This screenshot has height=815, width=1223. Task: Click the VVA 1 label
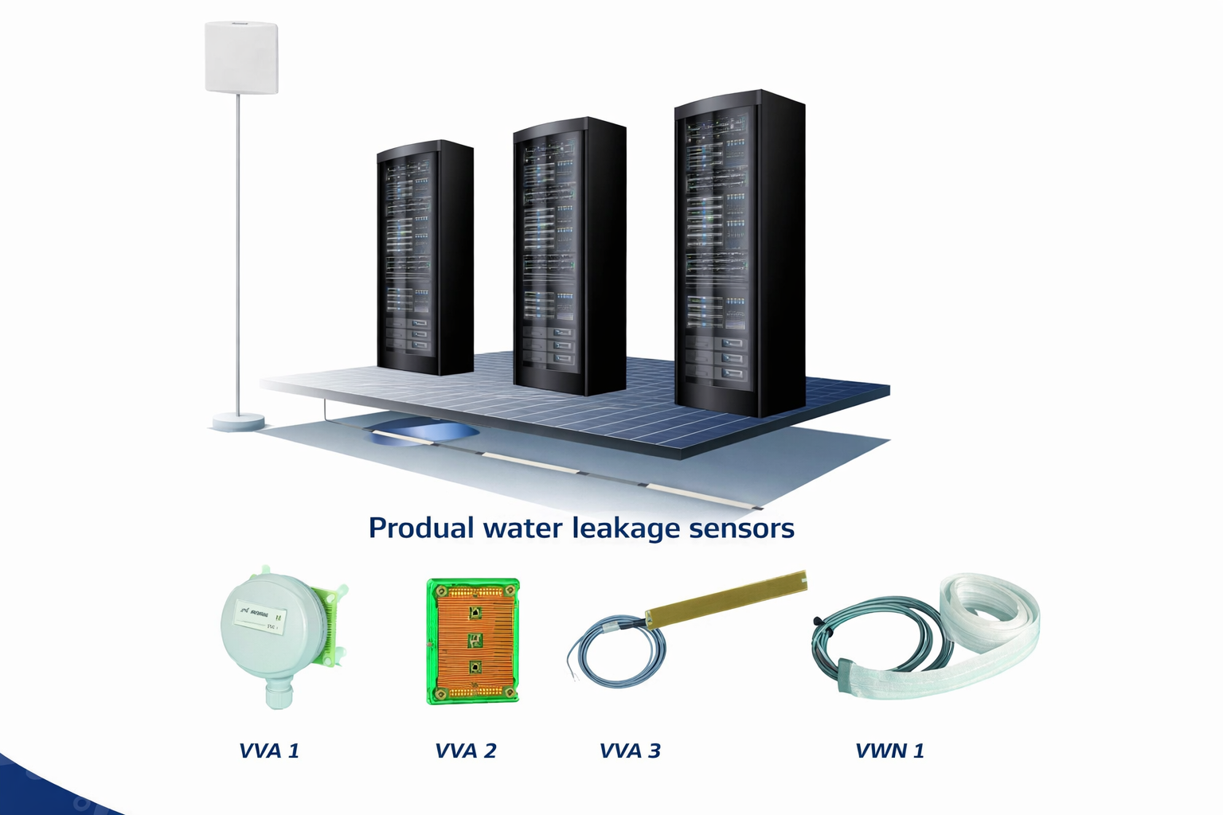click(x=269, y=751)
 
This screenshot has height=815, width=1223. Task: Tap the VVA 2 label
click(x=466, y=751)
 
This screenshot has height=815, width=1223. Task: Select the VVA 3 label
click(x=630, y=751)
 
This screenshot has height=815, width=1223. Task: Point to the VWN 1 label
click(x=889, y=751)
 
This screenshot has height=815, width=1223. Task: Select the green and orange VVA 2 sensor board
click(x=473, y=641)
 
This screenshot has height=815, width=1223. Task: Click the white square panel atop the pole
click(x=241, y=57)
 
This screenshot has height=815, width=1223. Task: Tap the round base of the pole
click(x=237, y=421)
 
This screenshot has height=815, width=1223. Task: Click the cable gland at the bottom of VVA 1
click(x=279, y=696)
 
